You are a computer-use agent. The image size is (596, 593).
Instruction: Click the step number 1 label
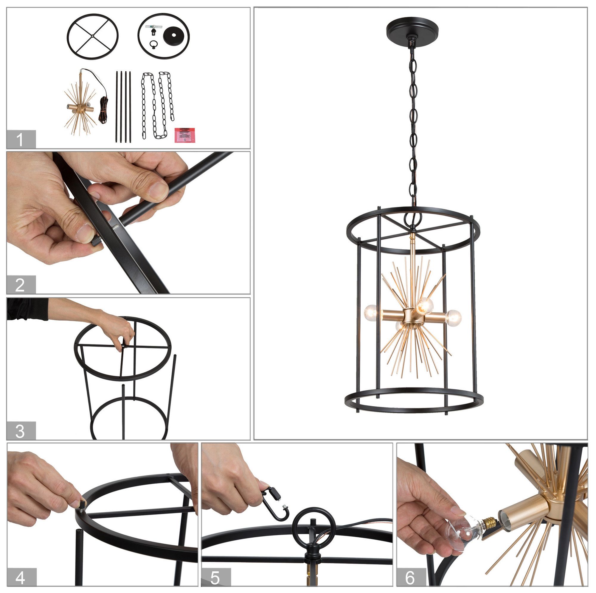point(21,139)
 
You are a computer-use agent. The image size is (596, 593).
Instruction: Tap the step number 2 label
point(21,285)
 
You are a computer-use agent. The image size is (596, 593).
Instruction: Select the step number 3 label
point(21,431)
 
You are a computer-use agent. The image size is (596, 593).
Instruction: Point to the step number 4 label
point(21,577)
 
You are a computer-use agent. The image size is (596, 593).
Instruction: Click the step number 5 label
point(215,577)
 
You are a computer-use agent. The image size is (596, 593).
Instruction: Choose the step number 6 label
point(410,577)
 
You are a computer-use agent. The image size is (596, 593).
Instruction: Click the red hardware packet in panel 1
point(184,135)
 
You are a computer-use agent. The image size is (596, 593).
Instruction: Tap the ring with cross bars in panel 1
point(92,36)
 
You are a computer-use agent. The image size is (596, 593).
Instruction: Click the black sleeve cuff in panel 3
point(28,309)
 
